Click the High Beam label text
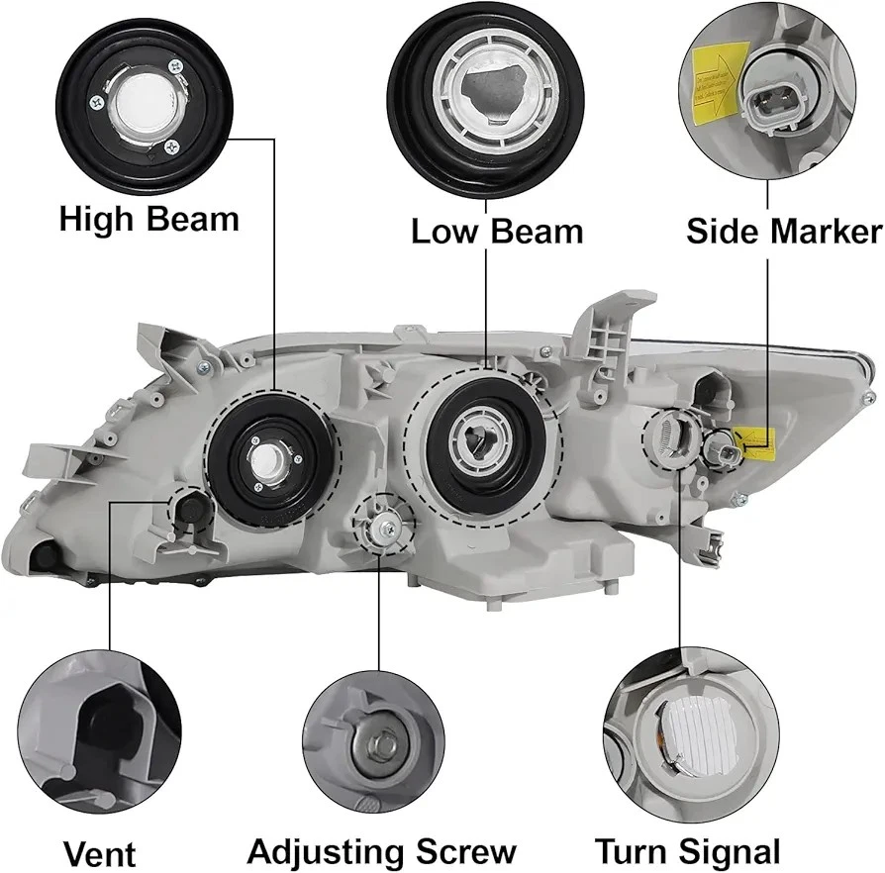[148, 220]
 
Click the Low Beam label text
[497, 233]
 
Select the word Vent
[99, 853]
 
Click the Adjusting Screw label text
[381, 851]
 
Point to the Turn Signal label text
[687, 851]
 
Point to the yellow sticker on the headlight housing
[752, 438]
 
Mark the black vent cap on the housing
[190, 508]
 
